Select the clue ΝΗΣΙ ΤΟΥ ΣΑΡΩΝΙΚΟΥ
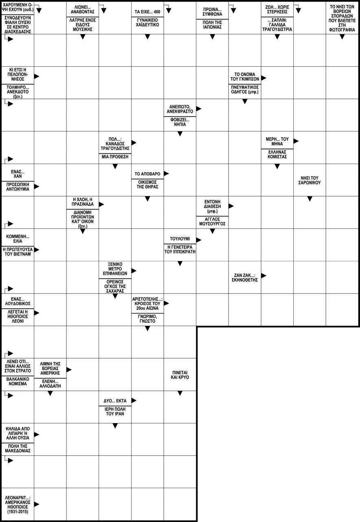point(310,180)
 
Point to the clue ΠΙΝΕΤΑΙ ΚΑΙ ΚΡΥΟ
point(180,375)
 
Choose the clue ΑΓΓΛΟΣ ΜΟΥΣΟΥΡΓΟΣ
point(212,222)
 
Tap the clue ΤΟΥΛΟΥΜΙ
point(180,239)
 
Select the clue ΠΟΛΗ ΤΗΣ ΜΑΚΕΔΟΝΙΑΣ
point(18,448)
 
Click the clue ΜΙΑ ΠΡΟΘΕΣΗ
point(115,156)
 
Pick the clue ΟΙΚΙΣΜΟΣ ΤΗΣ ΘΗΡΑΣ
point(147,184)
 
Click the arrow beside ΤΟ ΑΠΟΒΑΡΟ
point(166,173)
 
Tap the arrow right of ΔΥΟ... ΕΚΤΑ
point(134,401)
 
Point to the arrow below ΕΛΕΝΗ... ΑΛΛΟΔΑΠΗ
point(50,393)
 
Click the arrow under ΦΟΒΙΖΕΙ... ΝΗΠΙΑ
point(180,134)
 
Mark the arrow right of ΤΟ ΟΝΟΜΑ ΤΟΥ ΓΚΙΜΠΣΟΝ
point(263,78)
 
